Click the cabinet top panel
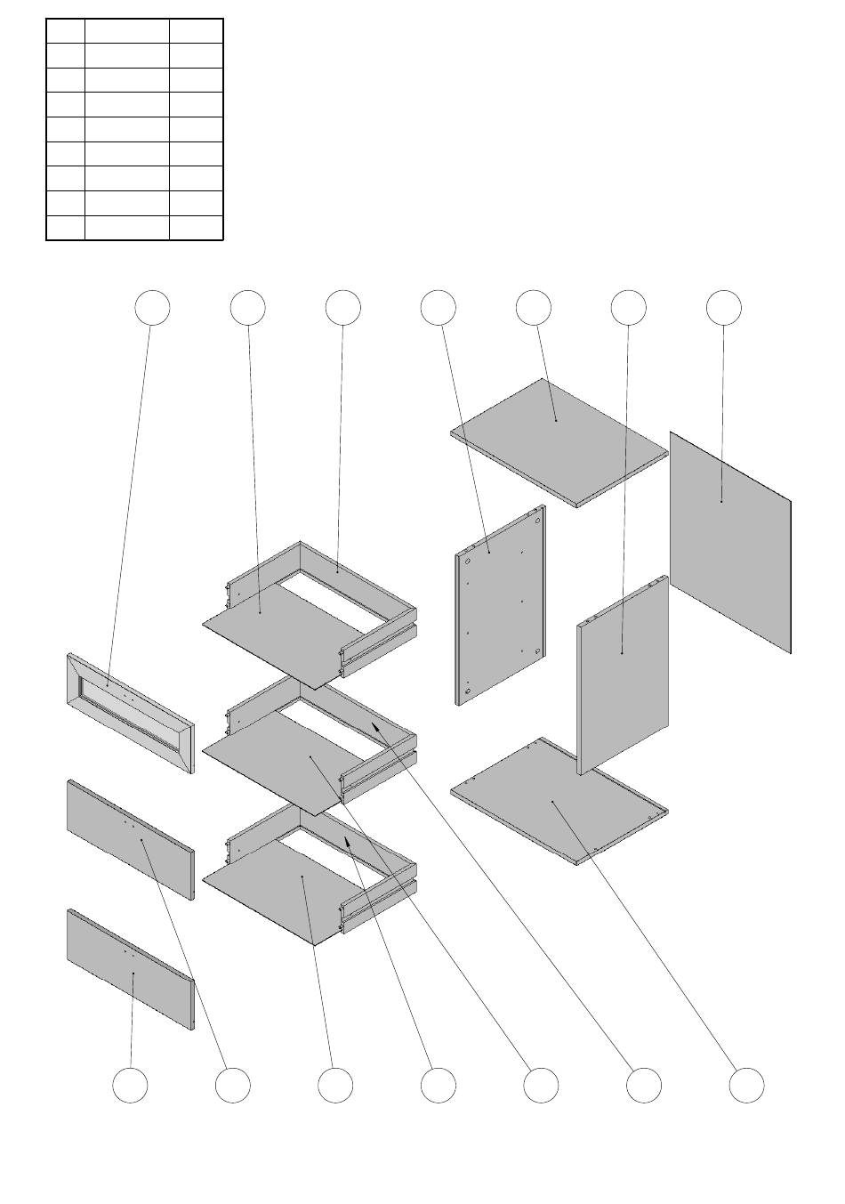click(559, 442)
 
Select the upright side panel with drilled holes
click(500, 605)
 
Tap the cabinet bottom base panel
click(559, 801)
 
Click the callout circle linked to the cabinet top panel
click(534, 307)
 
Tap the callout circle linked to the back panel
click(724, 307)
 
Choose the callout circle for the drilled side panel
click(438, 307)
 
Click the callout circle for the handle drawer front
click(152, 307)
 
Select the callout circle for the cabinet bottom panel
click(747, 1086)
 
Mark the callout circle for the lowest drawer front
click(131, 1086)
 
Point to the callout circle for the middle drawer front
click(233, 1086)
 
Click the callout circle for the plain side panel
click(629, 307)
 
